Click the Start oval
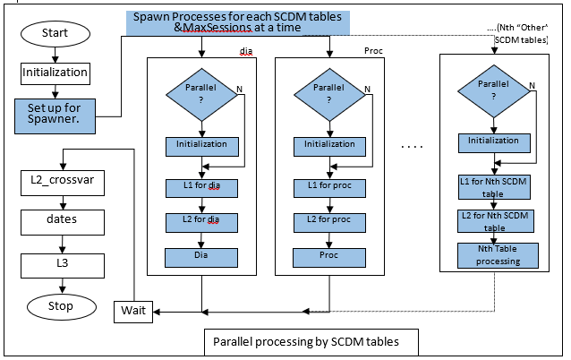coord(55,33)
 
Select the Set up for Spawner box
coord(55,114)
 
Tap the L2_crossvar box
coord(62,178)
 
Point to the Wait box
coord(132,312)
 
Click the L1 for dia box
coord(201,187)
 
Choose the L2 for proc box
coord(329,220)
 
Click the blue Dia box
coord(201,256)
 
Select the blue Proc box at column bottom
coord(329,256)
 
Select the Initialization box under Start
coord(55,72)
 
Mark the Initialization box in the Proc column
coord(329,143)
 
